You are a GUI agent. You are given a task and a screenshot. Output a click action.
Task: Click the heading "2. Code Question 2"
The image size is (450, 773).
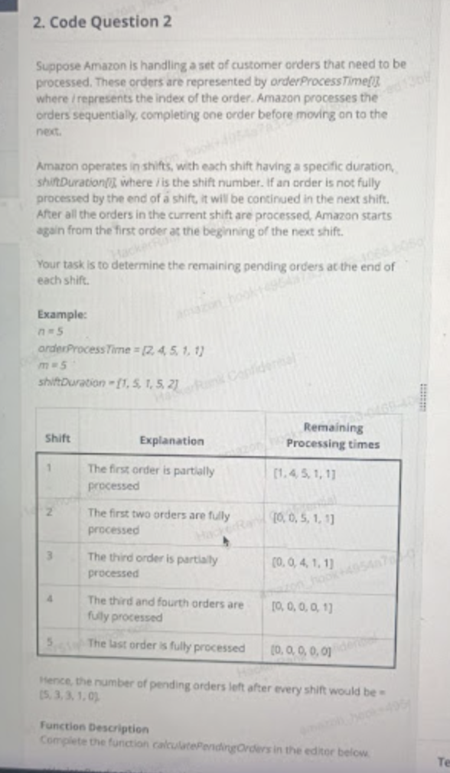[103, 22]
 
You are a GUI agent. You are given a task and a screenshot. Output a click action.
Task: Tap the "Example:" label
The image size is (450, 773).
[60, 315]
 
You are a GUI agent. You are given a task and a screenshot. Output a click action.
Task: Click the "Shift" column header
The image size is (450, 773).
[58, 439]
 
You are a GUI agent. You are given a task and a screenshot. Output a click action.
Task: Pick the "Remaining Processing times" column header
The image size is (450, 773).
[333, 435]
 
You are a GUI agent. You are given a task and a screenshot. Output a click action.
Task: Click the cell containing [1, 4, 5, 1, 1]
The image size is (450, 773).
[309, 474]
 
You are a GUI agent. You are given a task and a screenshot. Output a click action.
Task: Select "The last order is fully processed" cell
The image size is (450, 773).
[166, 647]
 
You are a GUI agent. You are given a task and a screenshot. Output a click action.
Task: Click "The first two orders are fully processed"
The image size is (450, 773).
[158, 521]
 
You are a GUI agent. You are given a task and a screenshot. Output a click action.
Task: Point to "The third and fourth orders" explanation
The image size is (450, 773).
[165, 609]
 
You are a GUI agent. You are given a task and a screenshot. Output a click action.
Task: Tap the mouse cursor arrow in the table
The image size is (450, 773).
[225, 542]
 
